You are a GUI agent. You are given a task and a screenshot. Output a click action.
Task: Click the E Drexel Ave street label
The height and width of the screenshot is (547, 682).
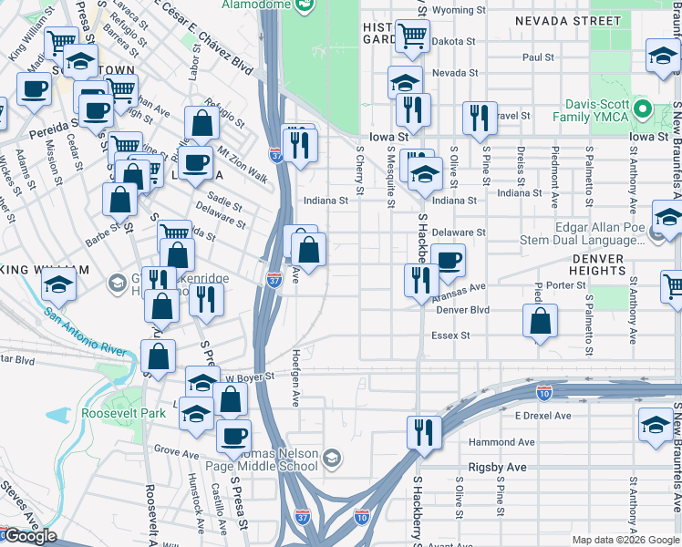(542, 415)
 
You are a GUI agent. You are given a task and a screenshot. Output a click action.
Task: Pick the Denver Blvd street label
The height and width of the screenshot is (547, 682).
(463, 310)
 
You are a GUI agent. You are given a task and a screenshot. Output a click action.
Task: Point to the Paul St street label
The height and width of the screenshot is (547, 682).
(538, 57)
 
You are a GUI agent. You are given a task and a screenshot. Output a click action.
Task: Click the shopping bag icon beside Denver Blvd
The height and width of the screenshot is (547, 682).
(541, 321)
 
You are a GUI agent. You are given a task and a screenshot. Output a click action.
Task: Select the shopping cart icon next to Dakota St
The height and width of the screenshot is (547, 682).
(412, 36)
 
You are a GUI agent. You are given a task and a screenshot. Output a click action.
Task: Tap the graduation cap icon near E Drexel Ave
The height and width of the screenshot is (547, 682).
(656, 424)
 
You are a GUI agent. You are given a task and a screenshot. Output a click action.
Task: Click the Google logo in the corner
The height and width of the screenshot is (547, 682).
(30, 536)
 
